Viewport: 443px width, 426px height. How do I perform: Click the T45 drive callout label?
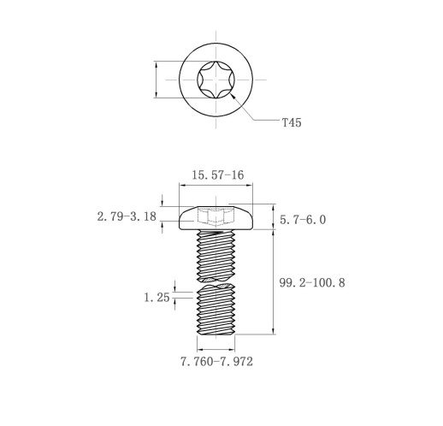tap(292, 122)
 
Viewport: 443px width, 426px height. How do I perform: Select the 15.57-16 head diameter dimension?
tap(217, 175)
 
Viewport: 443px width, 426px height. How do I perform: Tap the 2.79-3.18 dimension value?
tap(127, 216)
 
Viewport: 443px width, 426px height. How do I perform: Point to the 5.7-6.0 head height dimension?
tap(303, 220)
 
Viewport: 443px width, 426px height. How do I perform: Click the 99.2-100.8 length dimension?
tap(312, 283)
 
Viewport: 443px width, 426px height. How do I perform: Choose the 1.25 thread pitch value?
tap(157, 298)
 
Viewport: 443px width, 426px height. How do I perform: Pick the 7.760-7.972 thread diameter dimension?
tap(216, 362)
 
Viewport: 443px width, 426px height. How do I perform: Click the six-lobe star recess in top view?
tap(216, 80)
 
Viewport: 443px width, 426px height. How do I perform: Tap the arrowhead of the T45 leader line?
tap(233, 97)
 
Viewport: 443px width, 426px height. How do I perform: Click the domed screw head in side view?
tap(216, 218)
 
